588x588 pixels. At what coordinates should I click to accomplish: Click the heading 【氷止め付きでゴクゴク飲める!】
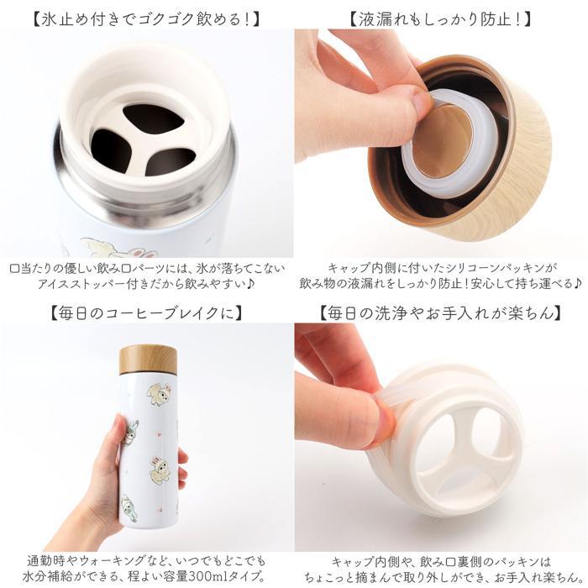(x=147, y=19)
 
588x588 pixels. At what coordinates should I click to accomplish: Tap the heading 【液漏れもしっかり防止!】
(x=441, y=19)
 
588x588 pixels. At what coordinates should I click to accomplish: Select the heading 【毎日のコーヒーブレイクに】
(x=147, y=313)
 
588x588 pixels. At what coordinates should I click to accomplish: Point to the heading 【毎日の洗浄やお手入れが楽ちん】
(x=441, y=313)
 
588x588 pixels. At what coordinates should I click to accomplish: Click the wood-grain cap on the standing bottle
(x=148, y=360)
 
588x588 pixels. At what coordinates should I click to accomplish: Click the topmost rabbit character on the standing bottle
(x=160, y=394)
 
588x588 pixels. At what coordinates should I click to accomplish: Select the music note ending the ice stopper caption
(x=250, y=284)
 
